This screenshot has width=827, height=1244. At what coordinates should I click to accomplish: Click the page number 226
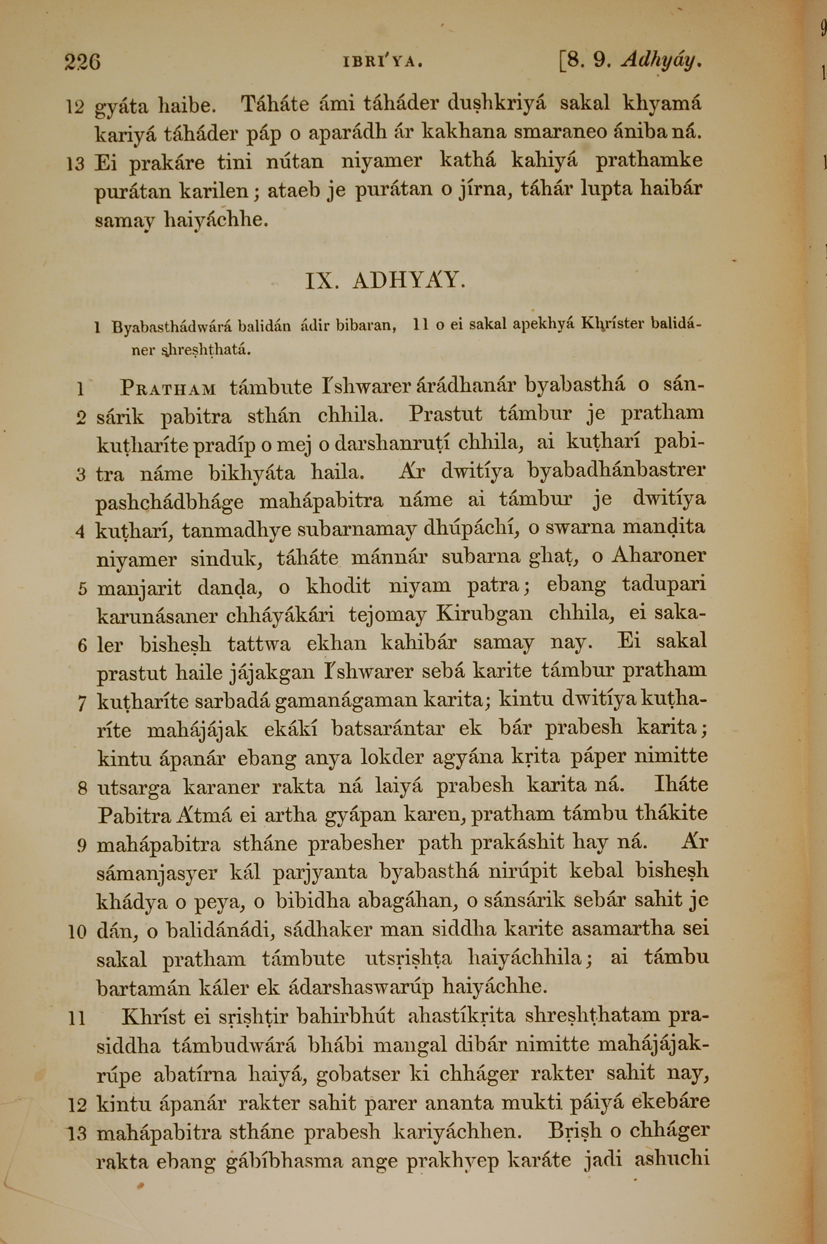[x=82, y=62]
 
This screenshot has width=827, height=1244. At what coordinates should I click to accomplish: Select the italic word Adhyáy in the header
[x=662, y=61]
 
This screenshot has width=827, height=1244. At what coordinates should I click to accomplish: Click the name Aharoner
[x=658, y=556]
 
